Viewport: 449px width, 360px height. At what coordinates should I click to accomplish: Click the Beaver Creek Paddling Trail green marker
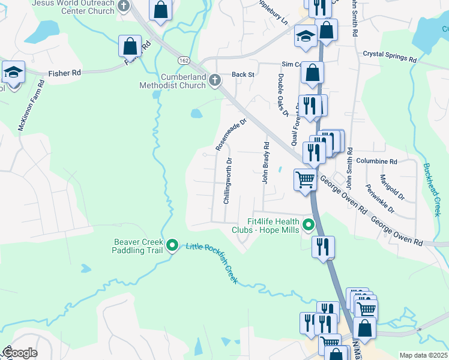click(x=172, y=244)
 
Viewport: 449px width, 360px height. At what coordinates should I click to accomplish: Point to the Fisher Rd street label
click(x=65, y=73)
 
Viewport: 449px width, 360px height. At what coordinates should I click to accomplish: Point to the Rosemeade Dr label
click(x=231, y=134)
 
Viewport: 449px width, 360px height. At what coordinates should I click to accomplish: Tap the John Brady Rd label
click(x=264, y=163)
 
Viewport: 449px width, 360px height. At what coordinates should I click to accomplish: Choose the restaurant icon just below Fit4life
click(x=323, y=247)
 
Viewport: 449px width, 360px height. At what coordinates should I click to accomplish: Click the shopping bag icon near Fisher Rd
click(x=130, y=46)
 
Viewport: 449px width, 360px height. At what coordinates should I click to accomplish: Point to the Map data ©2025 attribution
click(x=423, y=355)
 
